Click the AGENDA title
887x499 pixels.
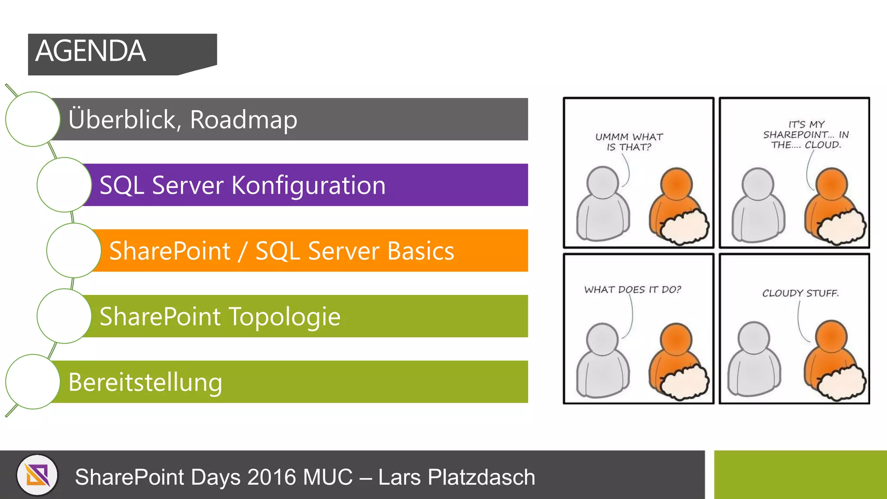91,51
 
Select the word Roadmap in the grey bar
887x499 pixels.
243,120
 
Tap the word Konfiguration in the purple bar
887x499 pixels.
308,185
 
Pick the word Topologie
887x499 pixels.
285,317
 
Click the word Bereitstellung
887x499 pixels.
146,382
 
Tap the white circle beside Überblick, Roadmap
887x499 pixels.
33,119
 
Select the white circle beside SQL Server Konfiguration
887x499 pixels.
64,185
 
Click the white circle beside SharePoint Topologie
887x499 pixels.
64,316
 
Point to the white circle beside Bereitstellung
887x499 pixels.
33,382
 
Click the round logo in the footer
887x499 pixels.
37,475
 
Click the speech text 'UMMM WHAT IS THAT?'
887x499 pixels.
629,142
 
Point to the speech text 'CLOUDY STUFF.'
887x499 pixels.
800,293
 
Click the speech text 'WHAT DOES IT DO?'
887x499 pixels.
632,289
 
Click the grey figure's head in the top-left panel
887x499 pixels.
602,182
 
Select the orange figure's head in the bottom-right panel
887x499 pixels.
831,337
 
